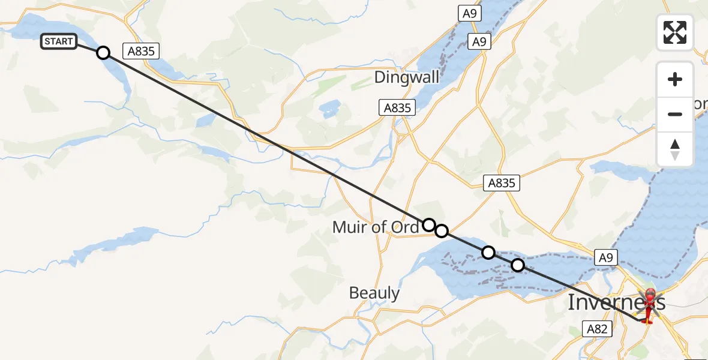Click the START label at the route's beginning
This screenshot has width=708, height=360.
(x=58, y=41)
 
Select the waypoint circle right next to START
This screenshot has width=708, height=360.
(x=103, y=53)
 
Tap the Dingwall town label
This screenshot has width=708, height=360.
(x=406, y=77)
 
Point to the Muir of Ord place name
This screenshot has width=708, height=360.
(x=376, y=228)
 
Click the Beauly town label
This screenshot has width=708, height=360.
(x=374, y=293)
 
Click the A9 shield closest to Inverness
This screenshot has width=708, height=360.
(x=605, y=257)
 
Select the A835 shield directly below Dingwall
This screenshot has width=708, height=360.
(x=397, y=107)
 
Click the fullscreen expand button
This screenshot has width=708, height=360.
(x=675, y=32)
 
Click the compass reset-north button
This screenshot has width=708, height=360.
(x=675, y=149)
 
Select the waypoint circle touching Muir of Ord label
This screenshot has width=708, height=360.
(x=428, y=225)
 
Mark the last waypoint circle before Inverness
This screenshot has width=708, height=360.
(x=517, y=265)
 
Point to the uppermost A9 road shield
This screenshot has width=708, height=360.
(x=468, y=13)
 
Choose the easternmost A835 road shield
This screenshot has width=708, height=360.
(x=502, y=183)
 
